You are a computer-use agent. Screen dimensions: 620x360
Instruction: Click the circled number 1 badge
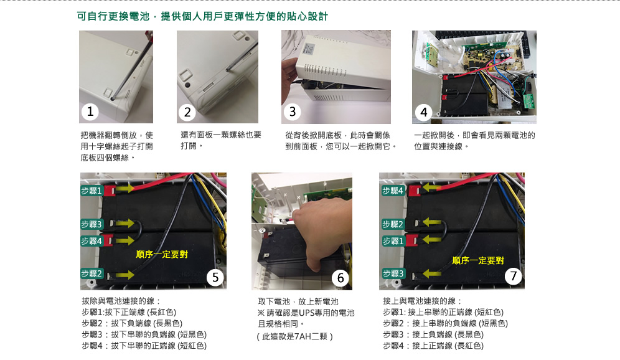point(90,111)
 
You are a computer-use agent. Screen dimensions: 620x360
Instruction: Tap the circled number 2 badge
point(187,112)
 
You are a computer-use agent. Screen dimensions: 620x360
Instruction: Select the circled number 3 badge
point(293,111)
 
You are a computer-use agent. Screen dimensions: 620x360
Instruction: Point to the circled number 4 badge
point(424,112)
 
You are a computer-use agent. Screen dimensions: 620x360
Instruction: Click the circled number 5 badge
point(215,277)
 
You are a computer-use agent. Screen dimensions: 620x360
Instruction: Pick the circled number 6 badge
point(341,278)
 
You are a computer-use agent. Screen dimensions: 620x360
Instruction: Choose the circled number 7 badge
point(514,276)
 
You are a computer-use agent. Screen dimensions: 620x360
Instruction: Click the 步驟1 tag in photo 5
point(92,191)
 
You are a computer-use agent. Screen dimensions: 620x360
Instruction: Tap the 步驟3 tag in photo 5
point(92,224)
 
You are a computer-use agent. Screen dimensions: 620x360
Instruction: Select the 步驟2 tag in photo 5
point(92,273)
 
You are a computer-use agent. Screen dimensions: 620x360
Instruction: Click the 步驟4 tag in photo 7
point(393,191)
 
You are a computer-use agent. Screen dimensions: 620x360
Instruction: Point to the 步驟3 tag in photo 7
point(393,273)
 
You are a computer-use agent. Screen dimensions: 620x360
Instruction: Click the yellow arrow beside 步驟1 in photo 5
point(125,189)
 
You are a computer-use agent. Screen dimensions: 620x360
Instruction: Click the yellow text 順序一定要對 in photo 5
point(162,254)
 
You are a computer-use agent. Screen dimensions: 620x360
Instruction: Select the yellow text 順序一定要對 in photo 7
point(478,260)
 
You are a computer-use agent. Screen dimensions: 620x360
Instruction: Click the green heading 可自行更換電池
point(113,16)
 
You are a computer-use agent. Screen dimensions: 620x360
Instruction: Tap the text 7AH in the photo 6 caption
point(303,336)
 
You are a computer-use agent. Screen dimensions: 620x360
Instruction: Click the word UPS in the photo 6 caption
point(307,313)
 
